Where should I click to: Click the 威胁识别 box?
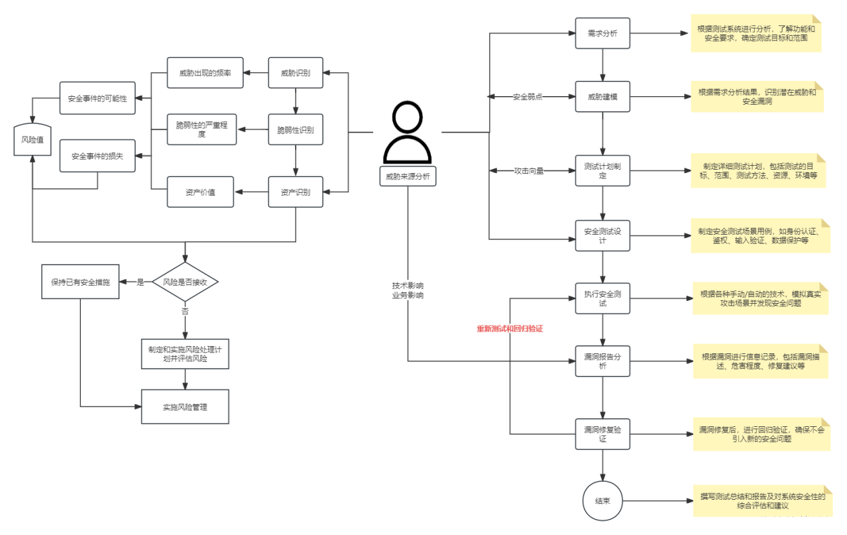[x=296, y=73]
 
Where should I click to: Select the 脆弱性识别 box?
[x=296, y=130]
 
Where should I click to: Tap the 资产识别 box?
[x=296, y=192]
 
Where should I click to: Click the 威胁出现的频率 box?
[x=205, y=73]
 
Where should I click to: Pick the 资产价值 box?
[x=200, y=192]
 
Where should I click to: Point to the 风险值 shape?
[x=32, y=141]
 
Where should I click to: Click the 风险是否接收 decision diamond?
[x=185, y=282]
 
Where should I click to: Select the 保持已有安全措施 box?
[x=81, y=282]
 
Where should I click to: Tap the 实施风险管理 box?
[x=185, y=406]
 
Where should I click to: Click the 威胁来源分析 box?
[x=408, y=176]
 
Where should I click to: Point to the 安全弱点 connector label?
[x=528, y=97]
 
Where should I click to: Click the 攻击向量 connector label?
[x=529, y=170]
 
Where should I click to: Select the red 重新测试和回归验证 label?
[x=510, y=328]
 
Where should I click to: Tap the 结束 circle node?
[x=602, y=501]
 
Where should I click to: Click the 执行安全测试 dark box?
[x=602, y=298]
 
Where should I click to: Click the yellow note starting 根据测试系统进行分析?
[x=756, y=34]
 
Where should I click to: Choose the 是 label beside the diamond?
[x=140, y=282]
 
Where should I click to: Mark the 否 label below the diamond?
[x=185, y=311]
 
